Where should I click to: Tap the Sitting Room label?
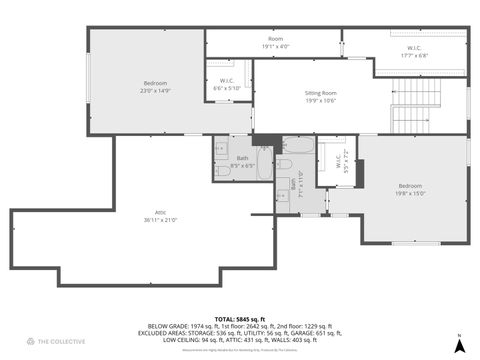coord(320,93)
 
